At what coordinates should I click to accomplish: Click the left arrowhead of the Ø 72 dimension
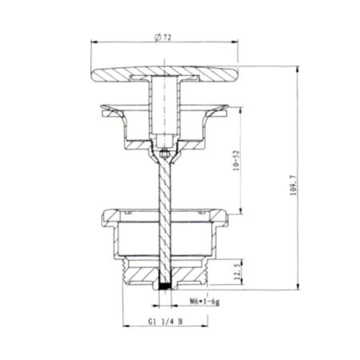click(91, 45)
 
